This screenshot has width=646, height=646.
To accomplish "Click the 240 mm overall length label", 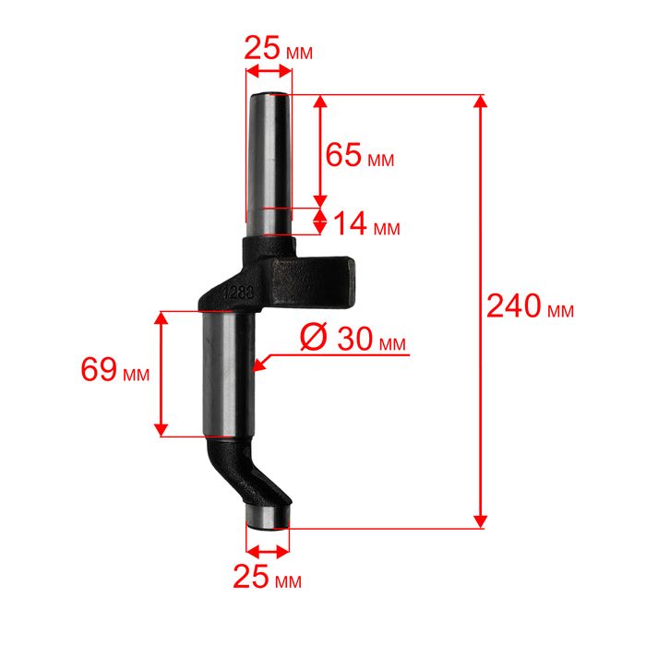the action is click(530, 307).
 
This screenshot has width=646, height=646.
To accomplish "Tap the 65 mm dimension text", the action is click(360, 155).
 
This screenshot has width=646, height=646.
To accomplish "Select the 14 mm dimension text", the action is click(366, 223).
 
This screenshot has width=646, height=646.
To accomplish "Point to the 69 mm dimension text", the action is click(115, 369).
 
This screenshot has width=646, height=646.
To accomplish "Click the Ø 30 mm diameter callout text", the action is click(353, 338).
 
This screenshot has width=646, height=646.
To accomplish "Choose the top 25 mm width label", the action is click(278, 48).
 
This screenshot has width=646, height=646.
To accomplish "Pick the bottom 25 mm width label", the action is click(267, 577).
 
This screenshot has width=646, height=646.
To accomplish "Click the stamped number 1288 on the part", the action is click(238, 293).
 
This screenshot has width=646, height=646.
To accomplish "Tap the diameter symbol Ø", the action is click(314, 336).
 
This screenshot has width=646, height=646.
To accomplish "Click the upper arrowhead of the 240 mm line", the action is click(480, 101).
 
